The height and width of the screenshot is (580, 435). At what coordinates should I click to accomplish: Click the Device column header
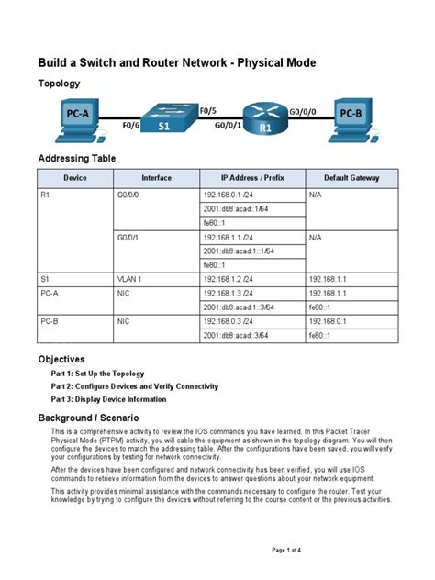[x=74, y=177]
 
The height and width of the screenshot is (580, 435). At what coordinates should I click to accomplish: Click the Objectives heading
[x=61, y=359]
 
